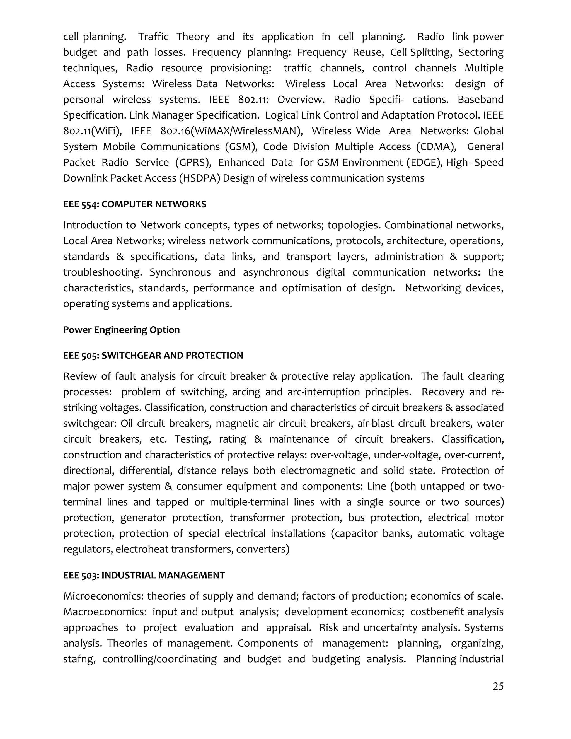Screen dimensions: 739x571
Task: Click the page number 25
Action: click(498, 687)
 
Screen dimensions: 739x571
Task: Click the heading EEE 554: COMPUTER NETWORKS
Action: click(135, 204)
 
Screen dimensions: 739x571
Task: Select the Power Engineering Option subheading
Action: click(122, 330)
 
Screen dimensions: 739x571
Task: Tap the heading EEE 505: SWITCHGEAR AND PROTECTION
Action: click(153, 356)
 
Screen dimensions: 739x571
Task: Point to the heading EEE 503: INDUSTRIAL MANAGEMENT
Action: click(144, 576)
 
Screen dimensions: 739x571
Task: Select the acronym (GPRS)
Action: click(193, 163)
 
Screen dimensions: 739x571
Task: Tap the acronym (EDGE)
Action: click(425, 163)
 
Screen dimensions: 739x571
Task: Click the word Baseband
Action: click(480, 100)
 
